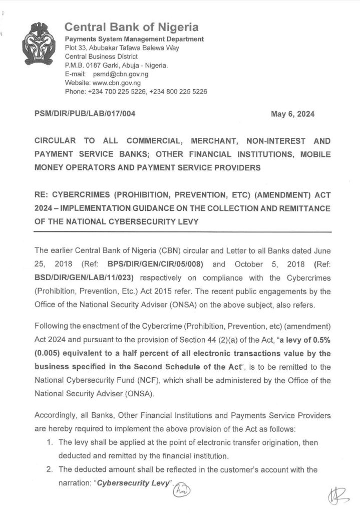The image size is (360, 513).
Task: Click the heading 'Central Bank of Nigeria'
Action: (132, 27)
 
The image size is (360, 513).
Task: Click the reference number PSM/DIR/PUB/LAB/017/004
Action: (85, 114)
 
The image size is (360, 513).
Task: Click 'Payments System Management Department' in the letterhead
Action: (135, 39)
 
